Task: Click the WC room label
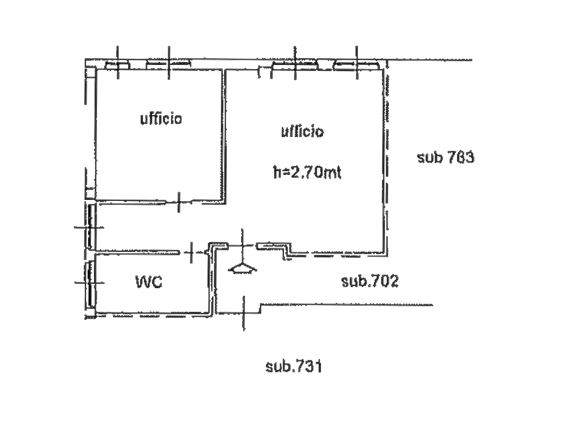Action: point(149,282)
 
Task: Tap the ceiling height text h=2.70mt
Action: point(307,172)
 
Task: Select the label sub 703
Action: point(446,157)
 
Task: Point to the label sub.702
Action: point(370,281)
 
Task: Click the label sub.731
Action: point(294,366)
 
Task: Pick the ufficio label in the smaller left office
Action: point(161,119)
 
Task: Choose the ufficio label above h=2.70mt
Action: point(303,132)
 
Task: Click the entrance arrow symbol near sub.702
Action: point(242,268)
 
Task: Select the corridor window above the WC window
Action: point(90,227)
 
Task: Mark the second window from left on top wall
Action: point(168,64)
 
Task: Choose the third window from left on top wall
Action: point(295,66)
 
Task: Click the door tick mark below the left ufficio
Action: point(179,202)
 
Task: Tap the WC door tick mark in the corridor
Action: point(191,253)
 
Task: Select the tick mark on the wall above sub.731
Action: point(244,314)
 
